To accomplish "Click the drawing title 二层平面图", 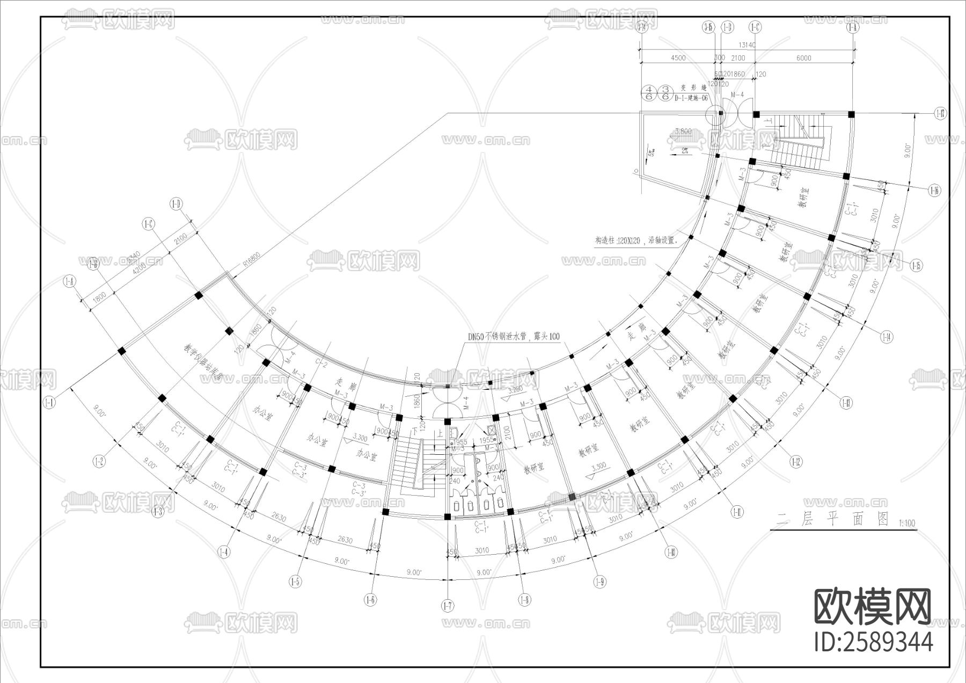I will tap(832, 519).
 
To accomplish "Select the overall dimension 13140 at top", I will tap(747, 45).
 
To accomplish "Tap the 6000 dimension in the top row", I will tap(803, 58).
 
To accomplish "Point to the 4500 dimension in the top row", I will tap(678, 58).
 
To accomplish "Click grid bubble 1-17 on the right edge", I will tap(940, 113).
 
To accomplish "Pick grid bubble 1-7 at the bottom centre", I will tap(448, 606).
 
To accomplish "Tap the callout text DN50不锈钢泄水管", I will tap(513, 337).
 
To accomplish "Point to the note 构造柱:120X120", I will tap(636, 241).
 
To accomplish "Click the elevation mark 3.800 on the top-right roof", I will tap(683, 131).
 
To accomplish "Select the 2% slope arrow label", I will tap(685, 150).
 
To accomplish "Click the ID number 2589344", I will tap(873, 642).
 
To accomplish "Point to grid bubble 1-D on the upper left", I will tap(175, 204).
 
